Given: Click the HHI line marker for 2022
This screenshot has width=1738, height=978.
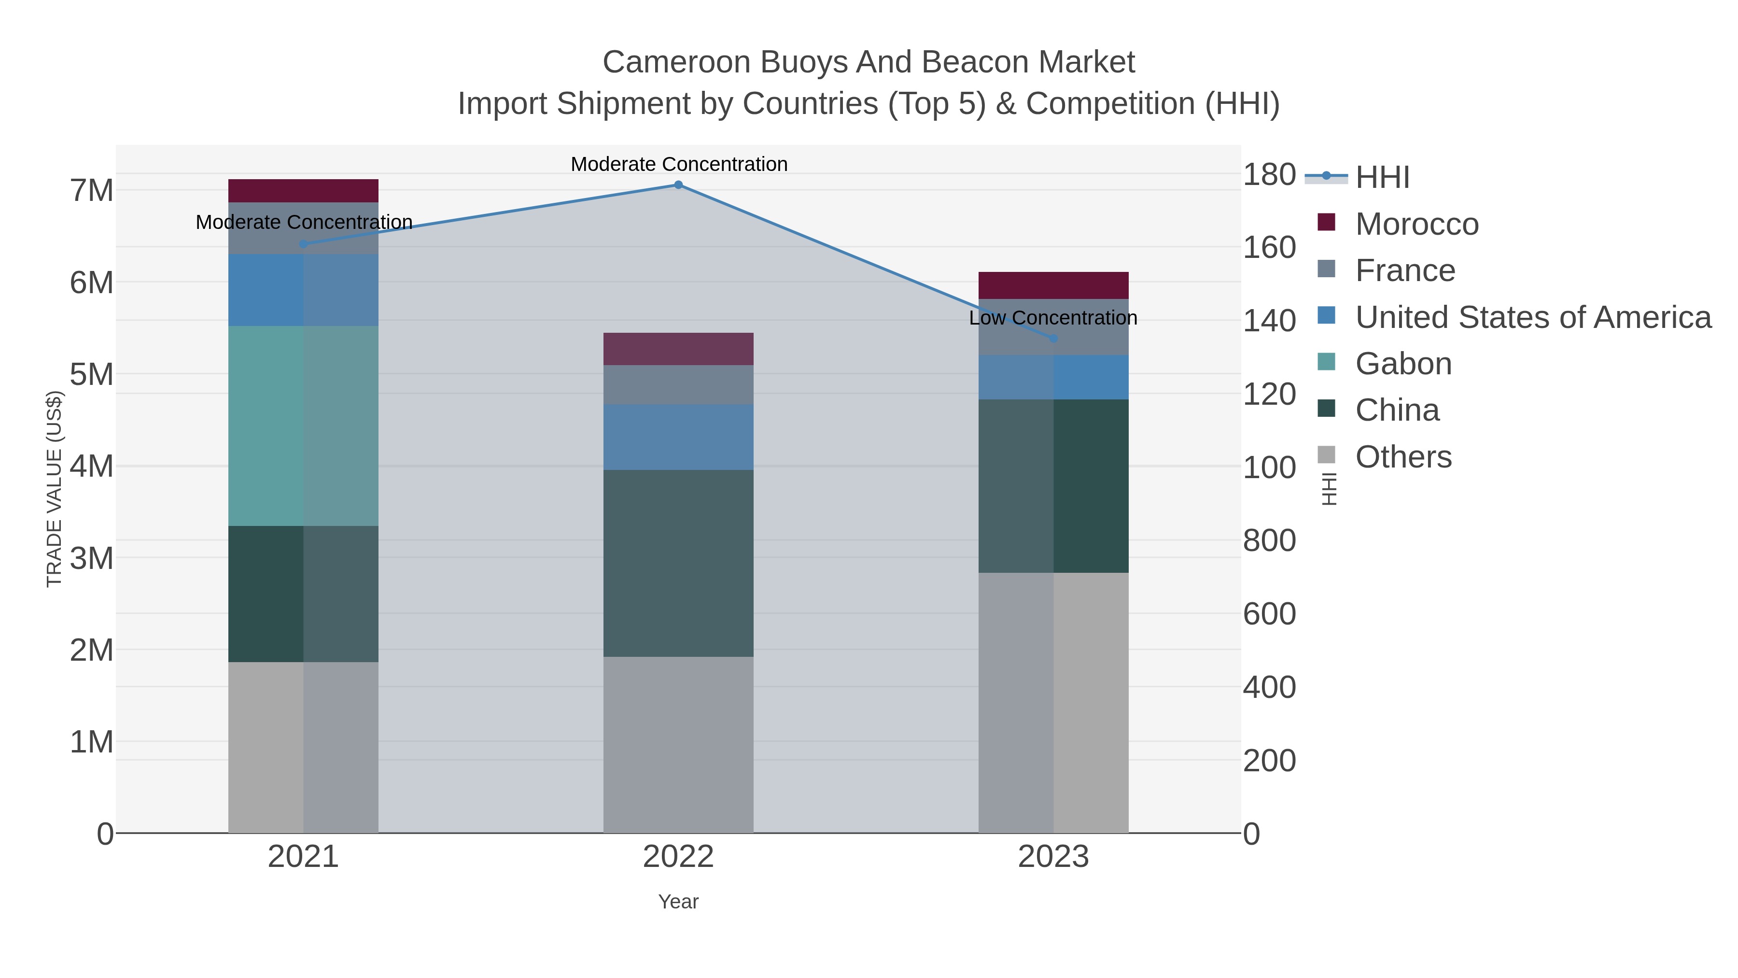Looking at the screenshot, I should pyautogui.click(x=678, y=185).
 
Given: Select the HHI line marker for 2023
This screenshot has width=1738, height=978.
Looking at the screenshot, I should pyautogui.click(x=1053, y=338).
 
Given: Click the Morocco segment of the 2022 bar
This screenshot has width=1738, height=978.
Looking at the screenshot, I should pyautogui.click(x=678, y=349).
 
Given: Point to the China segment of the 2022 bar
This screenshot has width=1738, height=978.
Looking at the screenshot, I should pyautogui.click(x=678, y=563).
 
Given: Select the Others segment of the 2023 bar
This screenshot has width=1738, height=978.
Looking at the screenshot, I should pyautogui.click(x=1053, y=703).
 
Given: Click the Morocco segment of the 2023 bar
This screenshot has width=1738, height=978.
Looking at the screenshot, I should pyautogui.click(x=1053, y=285).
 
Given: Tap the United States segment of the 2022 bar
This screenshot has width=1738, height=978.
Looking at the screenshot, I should pyautogui.click(x=678, y=438).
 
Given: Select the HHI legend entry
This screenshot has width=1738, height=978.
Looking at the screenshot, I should pyautogui.click(x=1382, y=178).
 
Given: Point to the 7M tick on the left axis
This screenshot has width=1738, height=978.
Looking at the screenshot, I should pyautogui.click(x=92, y=190).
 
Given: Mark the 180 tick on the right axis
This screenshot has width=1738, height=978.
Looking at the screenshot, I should pyautogui.click(x=1269, y=175).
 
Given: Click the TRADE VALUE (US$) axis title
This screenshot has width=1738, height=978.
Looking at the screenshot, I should pyautogui.click(x=54, y=489).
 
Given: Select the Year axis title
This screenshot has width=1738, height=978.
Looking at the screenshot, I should pyautogui.click(x=678, y=902).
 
